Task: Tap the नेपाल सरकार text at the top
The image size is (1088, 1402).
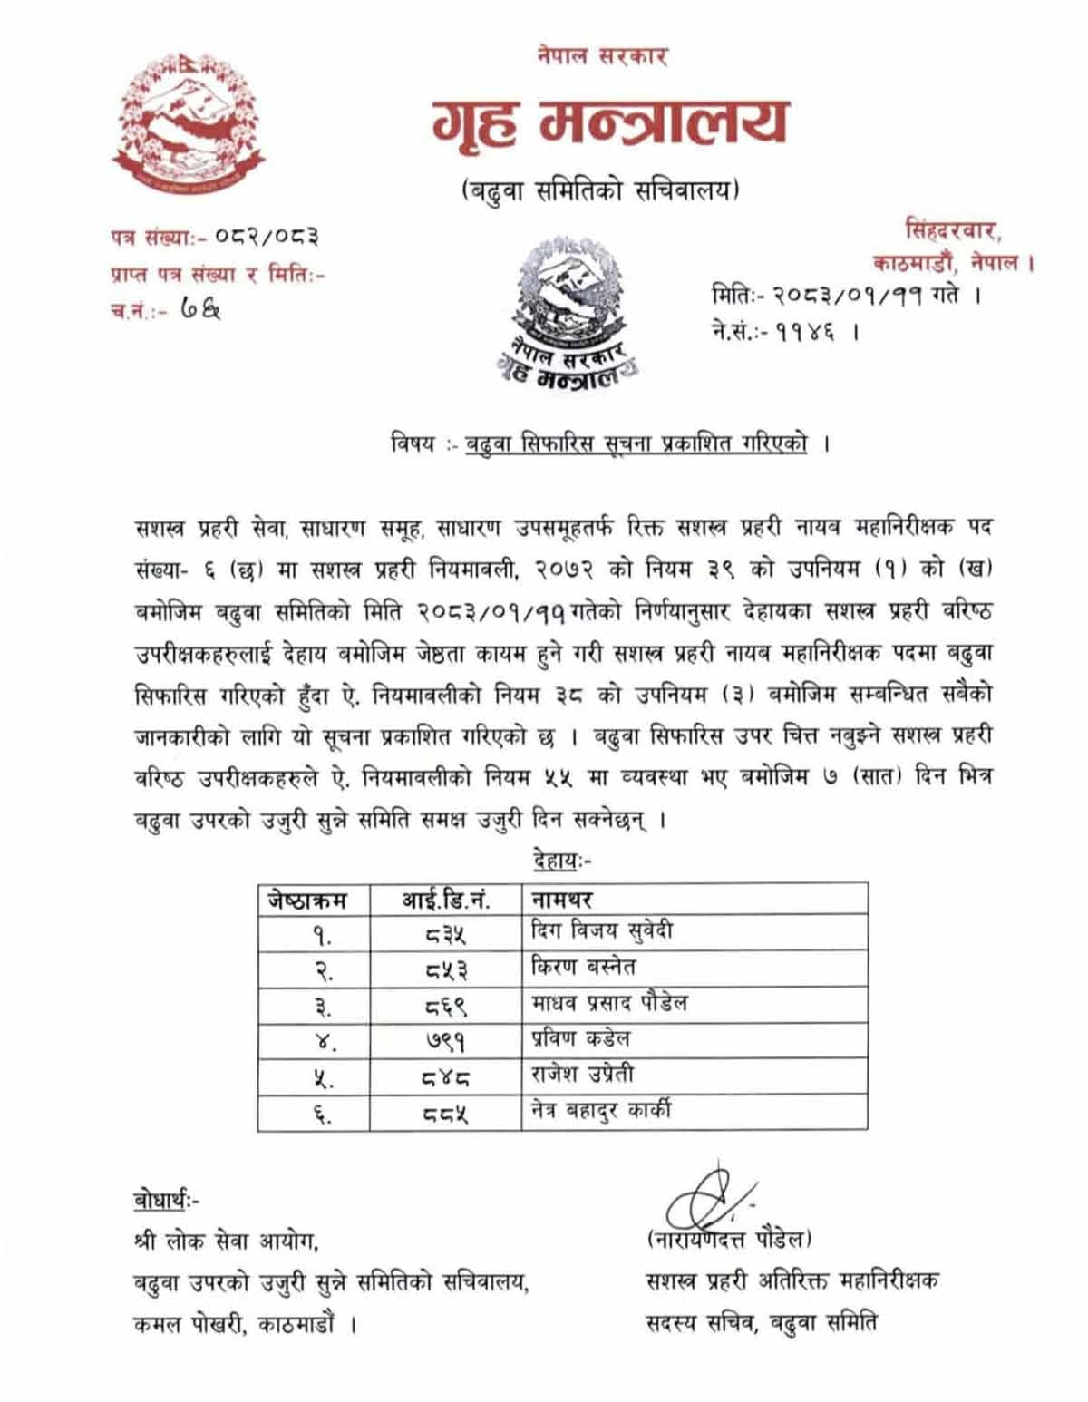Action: coord(602,56)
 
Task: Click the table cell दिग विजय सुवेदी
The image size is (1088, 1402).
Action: coord(601,931)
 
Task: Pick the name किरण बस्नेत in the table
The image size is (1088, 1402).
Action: coord(583,967)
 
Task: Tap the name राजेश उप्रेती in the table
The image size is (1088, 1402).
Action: coord(583,1076)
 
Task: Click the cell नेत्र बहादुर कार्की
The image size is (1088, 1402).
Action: coord(601,1111)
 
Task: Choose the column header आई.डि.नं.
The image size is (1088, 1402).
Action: coord(445,900)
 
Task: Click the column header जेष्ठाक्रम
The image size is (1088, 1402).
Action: coord(308,900)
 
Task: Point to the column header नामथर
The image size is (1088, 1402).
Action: coord(561,900)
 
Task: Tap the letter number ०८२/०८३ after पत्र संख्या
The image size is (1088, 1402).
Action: coord(267,239)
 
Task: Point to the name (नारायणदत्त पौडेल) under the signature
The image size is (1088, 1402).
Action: coord(730,1239)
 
